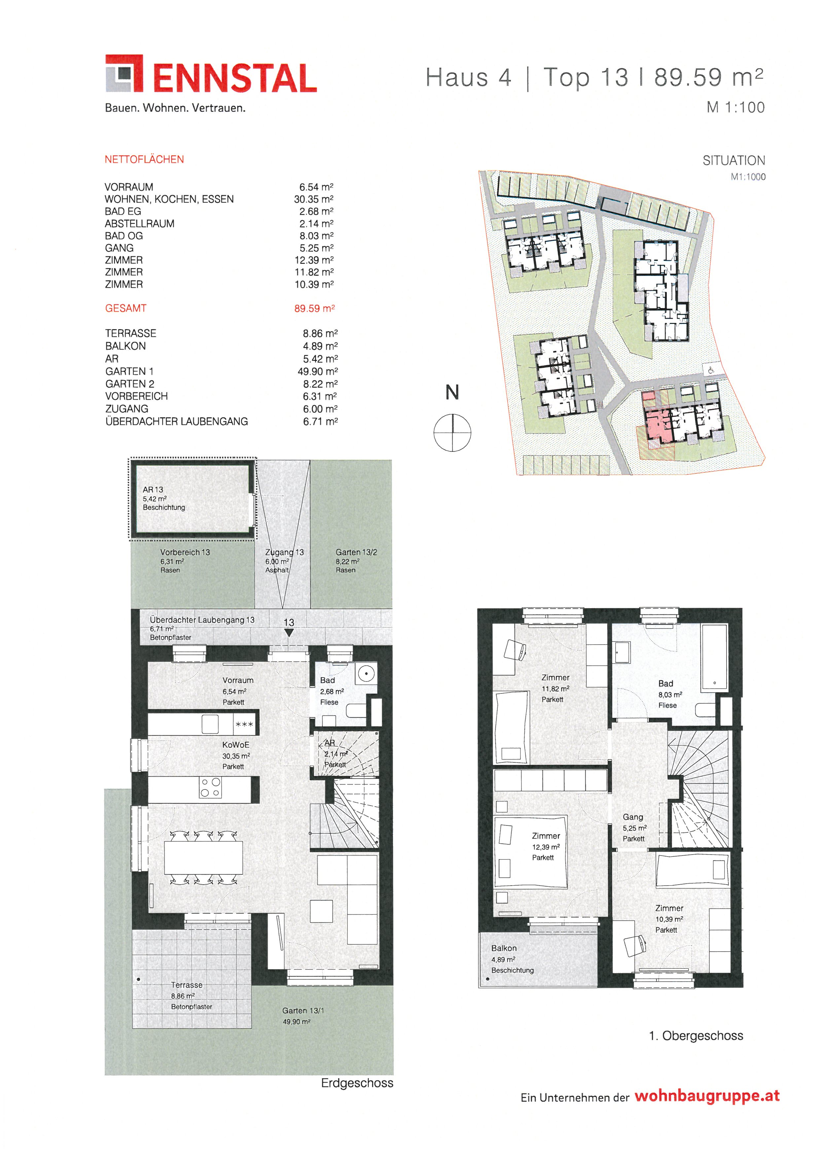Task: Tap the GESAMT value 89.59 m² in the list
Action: [314, 308]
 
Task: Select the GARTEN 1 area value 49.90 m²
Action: [318, 371]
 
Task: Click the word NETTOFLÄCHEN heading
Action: [144, 159]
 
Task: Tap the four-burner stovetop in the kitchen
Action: [210, 788]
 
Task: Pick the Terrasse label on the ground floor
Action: [187, 985]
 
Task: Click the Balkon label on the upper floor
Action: [504, 948]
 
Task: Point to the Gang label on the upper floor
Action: [633, 817]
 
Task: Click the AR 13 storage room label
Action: [153, 489]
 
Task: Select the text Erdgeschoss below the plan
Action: [357, 1083]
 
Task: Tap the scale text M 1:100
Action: [736, 107]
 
